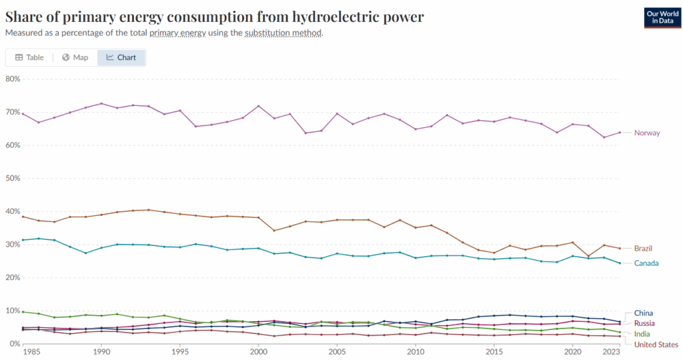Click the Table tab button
point(29,57)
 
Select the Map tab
point(75,57)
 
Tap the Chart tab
point(121,57)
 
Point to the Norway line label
point(647,133)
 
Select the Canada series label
point(647,263)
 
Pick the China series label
point(644,313)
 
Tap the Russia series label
point(645,323)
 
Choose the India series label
point(642,334)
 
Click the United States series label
point(656,345)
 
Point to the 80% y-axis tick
point(13,79)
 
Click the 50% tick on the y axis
point(13,178)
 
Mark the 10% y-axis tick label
point(13,311)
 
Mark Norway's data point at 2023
point(620,132)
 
